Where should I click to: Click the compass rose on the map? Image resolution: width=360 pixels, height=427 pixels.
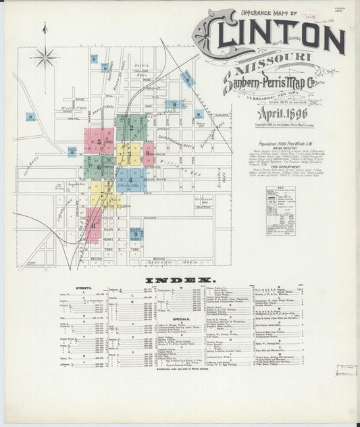coord(45,57)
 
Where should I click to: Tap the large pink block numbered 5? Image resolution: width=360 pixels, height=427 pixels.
coord(99,142)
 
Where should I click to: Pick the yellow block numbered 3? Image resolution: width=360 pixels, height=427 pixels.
coord(129,154)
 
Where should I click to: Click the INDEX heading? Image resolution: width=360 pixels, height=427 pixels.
coord(180,279)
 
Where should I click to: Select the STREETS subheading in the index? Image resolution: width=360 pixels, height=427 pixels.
coord(84,288)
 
